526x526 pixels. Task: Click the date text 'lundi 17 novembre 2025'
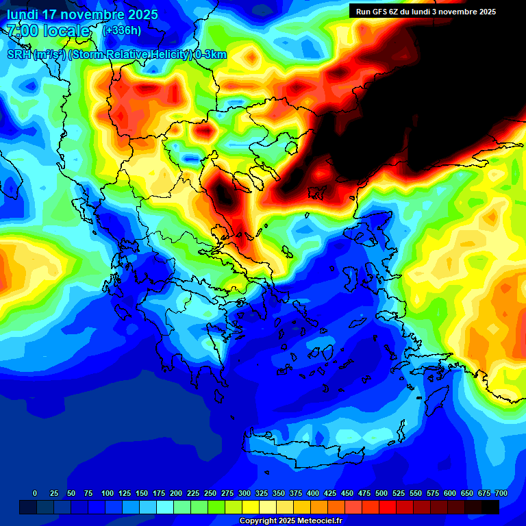coord(82,14)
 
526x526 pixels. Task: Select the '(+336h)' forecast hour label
coord(122,30)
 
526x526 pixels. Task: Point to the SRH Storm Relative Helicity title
coord(116,55)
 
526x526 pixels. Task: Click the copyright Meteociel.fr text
coord(290,521)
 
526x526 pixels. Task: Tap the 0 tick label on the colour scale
coord(35,493)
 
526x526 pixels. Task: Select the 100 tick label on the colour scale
coord(108,493)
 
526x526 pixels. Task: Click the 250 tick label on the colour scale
coord(210,493)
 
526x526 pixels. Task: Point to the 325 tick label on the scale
coord(262,493)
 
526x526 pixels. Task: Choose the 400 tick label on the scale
coord(313,493)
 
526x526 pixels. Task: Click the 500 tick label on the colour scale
coord(381,493)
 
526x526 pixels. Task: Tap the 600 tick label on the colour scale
coord(450,493)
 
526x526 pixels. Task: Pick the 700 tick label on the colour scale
coord(501,493)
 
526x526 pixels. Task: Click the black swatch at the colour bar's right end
coord(490,507)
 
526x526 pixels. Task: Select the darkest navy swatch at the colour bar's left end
coord(27,507)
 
